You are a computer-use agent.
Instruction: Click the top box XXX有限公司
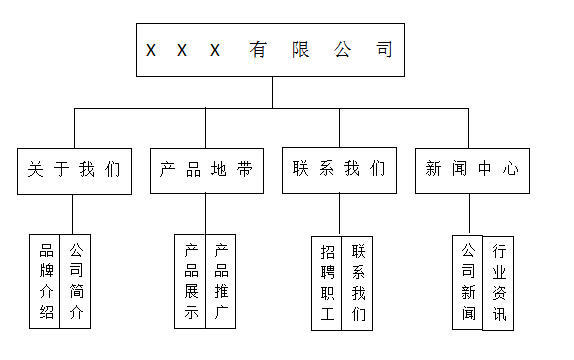[x=270, y=50]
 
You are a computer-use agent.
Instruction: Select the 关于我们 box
[x=74, y=170]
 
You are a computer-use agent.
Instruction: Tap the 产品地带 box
[x=206, y=170]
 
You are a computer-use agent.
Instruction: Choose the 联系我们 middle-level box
[x=339, y=170]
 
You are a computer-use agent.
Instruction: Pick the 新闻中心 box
[x=472, y=170]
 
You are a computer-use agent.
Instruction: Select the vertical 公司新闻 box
[x=468, y=283]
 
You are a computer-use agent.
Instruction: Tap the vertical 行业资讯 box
[x=498, y=283]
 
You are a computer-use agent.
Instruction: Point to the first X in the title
[x=151, y=51]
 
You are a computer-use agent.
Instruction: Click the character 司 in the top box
[x=384, y=50]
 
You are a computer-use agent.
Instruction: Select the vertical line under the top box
[x=272, y=92]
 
